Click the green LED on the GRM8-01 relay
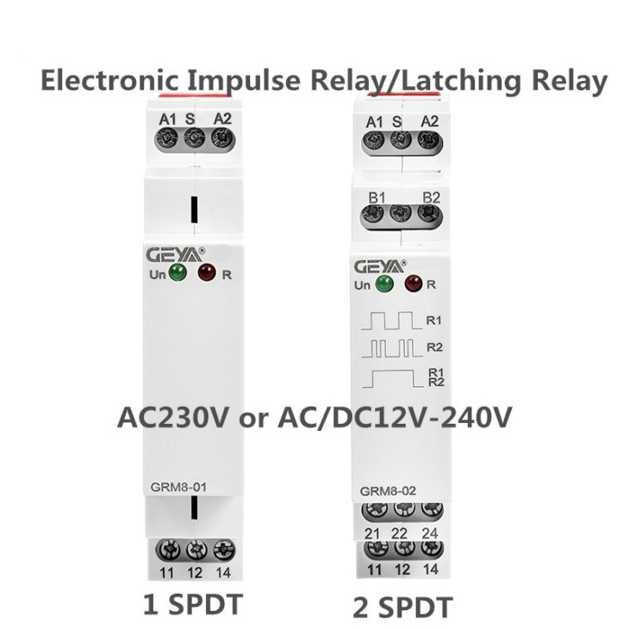(x=177, y=273)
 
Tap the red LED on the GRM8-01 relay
(x=207, y=272)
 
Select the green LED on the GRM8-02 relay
(x=384, y=283)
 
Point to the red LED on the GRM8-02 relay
(x=414, y=283)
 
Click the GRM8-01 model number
(x=178, y=487)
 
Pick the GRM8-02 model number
(x=388, y=491)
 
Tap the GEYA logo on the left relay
(x=175, y=255)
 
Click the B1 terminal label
(x=377, y=197)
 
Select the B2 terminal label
(x=431, y=197)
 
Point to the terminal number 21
(x=372, y=533)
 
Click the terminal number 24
(x=430, y=533)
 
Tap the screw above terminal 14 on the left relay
(x=224, y=550)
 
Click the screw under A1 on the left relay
(x=167, y=139)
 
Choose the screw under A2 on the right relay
(x=430, y=140)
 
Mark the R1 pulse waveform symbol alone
(x=391, y=321)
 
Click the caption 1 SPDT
(x=193, y=605)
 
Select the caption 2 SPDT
(x=402, y=607)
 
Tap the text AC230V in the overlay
(x=173, y=418)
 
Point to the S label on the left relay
(x=190, y=119)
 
